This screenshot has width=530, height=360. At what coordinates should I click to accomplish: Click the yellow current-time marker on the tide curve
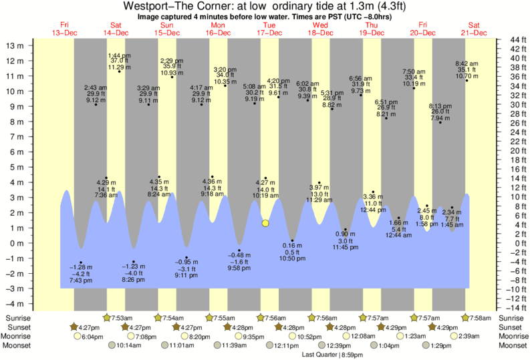pyautogui.click(x=265, y=223)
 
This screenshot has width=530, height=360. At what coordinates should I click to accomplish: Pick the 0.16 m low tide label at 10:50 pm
pyautogui.click(x=292, y=251)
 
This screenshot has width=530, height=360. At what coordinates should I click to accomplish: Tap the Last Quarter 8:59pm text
pyautogui.click(x=327, y=354)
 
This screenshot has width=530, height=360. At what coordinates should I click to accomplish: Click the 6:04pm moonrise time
pyautogui.click(x=92, y=337)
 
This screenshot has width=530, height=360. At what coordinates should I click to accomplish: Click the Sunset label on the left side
pyautogui.click(x=17, y=327)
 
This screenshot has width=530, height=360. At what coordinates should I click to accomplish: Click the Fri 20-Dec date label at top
pyautogui.click(x=423, y=29)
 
